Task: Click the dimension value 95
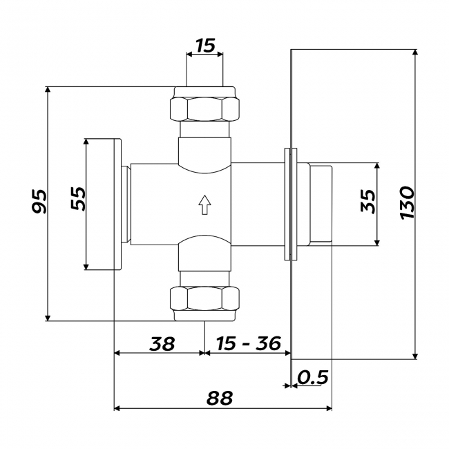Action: (39, 201)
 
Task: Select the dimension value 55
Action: (78, 199)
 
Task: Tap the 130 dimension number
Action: (407, 202)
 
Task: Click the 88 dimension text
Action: (220, 398)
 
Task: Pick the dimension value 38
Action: (162, 343)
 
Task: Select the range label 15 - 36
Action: (248, 343)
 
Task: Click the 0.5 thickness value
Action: (313, 377)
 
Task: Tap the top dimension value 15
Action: (205, 46)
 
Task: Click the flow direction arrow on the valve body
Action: (204, 204)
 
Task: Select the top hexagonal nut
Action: (204, 109)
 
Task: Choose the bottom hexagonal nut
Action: (204, 298)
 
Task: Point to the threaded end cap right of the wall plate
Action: (321, 204)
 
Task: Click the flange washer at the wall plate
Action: (291, 204)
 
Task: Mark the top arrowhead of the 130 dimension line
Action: (415, 52)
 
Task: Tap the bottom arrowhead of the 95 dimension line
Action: (48, 318)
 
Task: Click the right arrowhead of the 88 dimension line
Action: (329, 408)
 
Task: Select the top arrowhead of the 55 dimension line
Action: (86, 142)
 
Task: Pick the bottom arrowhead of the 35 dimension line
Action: (377, 242)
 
